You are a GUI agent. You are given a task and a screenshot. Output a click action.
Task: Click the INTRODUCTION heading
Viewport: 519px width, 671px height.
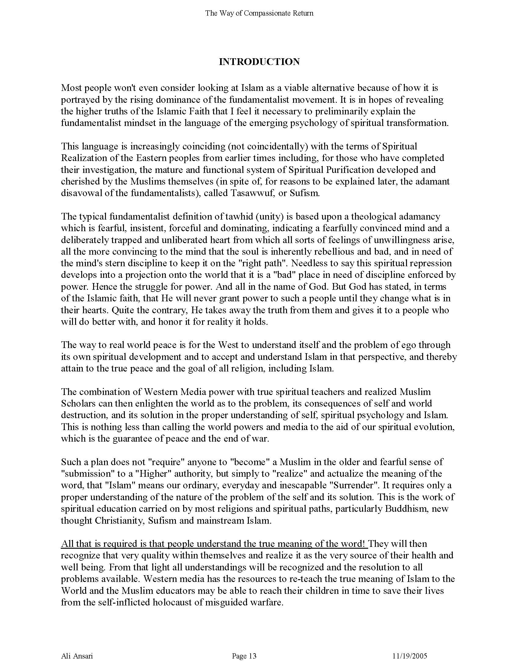[x=259, y=62]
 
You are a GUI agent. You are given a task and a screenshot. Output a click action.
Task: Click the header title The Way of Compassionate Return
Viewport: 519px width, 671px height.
[x=259, y=13]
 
